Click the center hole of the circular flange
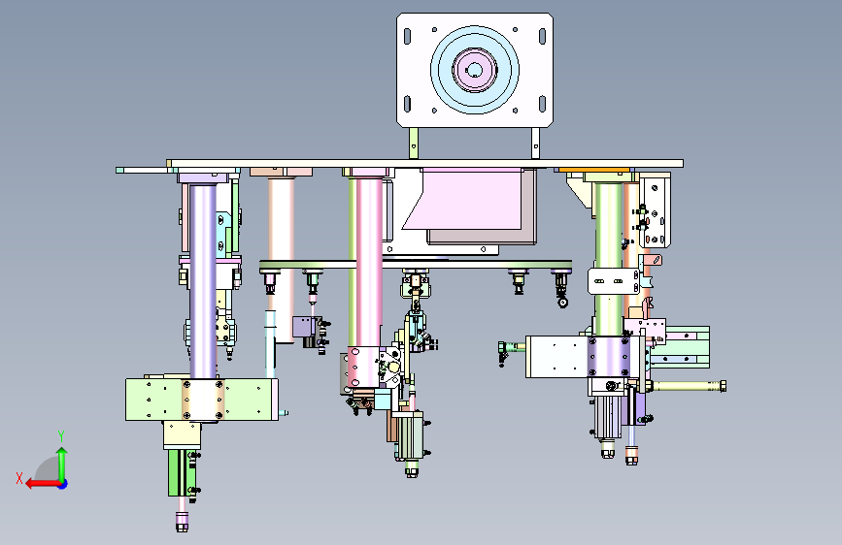(474, 70)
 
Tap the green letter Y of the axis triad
(61, 436)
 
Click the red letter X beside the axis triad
(19, 478)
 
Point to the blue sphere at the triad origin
(63, 484)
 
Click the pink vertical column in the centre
(369, 263)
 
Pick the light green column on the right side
(608, 258)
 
